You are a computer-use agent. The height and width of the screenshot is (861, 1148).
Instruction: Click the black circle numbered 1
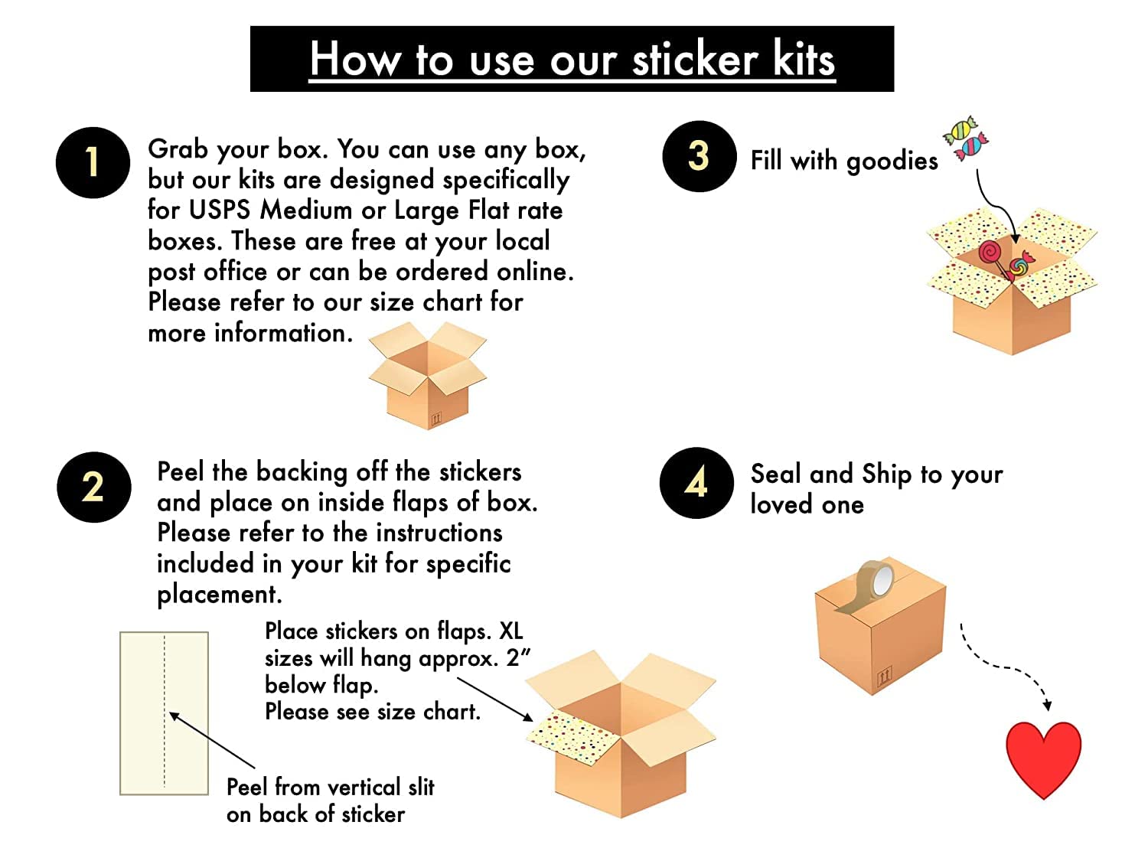pos(93,162)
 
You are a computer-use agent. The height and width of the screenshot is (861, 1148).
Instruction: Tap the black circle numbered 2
pos(93,487)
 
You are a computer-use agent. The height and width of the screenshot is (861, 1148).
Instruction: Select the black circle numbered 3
pos(700,156)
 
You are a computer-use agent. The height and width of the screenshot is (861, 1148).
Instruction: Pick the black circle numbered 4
pos(696,482)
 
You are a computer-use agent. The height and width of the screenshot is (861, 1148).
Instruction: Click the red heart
pos(1043,758)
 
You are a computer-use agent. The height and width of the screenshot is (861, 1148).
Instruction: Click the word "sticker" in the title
pos(696,59)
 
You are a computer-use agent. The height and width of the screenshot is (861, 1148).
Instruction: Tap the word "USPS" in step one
pos(219,210)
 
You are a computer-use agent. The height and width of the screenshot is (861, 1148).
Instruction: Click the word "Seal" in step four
pos(775,474)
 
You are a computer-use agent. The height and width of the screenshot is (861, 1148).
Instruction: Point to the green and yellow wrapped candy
pos(960,129)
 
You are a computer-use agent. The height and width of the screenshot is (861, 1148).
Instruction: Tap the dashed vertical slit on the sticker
pos(165,712)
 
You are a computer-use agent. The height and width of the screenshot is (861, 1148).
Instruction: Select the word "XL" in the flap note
pos(511,631)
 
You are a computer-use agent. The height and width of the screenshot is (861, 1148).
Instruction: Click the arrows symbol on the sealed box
pos(885,677)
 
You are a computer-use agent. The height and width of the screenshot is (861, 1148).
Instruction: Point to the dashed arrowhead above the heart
pos(1046,705)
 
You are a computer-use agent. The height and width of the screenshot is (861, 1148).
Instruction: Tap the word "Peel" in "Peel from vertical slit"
pos(247,787)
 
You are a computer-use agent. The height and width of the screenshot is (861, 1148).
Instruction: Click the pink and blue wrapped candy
pos(971,146)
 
